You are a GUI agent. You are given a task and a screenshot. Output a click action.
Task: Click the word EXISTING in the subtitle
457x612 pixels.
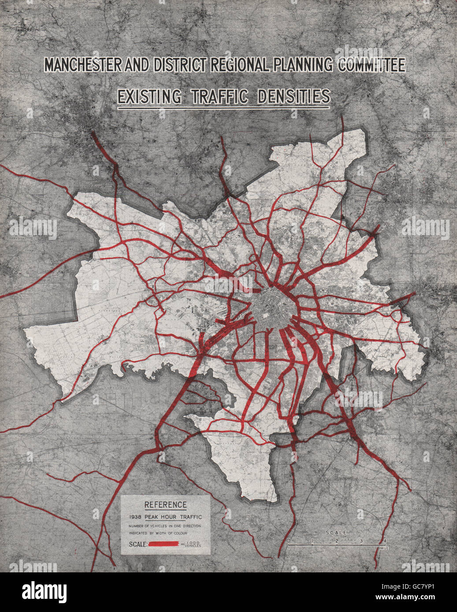coord(149,97)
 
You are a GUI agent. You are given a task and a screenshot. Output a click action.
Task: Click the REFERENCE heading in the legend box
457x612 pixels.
coord(165,505)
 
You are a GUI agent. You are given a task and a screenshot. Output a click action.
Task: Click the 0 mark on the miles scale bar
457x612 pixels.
coord(288,540)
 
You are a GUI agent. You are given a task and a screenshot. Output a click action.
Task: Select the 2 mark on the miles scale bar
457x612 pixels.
coord(337,540)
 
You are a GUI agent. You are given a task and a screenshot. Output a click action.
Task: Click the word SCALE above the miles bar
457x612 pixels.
coord(336,533)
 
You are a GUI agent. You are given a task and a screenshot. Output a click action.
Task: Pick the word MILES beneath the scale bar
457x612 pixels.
coord(385,548)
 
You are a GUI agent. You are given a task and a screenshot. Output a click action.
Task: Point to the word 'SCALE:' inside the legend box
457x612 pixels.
coord(137,545)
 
